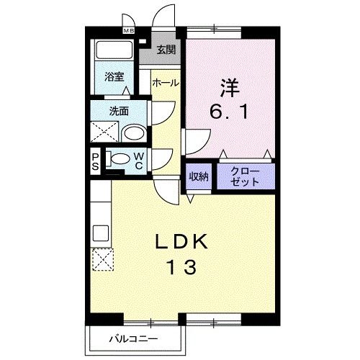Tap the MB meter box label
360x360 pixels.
128,31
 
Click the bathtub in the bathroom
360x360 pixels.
113,52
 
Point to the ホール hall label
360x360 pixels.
165,84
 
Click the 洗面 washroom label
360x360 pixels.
119,111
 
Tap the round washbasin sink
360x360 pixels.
132,135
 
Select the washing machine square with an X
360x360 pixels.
104,132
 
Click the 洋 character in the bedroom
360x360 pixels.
229,86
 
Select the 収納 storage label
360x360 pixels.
199,176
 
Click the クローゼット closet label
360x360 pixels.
246,177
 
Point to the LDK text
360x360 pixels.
181,241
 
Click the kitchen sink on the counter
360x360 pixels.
100,233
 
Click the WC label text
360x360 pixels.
138,160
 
